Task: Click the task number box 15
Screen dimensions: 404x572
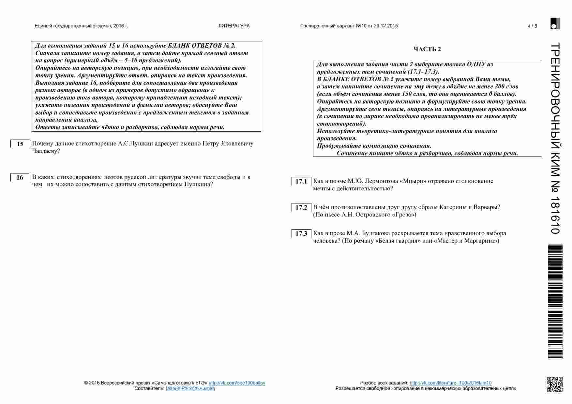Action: [x=20, y=144]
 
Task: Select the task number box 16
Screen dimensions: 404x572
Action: [x=20, y=178]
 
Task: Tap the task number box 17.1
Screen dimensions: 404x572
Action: [x=301, y=182]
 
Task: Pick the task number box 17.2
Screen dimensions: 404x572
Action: [x=301, y=208]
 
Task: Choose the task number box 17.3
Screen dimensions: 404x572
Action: [x=301, y=234]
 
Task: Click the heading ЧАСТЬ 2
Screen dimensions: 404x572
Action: [x=427, y=49]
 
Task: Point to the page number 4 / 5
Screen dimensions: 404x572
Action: [x=532, y=26]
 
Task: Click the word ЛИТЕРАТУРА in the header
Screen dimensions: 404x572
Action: [x=234, y=26]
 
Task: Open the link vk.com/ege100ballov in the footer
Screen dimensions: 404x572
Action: [x=237, y=383]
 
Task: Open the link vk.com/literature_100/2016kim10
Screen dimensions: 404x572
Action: [x=450, y=383]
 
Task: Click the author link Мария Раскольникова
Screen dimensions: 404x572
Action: [x=190, y=388]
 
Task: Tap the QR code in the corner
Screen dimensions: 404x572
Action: [x=554, y=384]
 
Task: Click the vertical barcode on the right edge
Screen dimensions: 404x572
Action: [x=555, y=302]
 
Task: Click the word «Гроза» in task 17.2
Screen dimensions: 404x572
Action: [x=405, y=215]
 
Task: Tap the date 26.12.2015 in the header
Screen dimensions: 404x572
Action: [x=386, y=26]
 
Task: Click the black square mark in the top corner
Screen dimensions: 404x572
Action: [x=555, y=23]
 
